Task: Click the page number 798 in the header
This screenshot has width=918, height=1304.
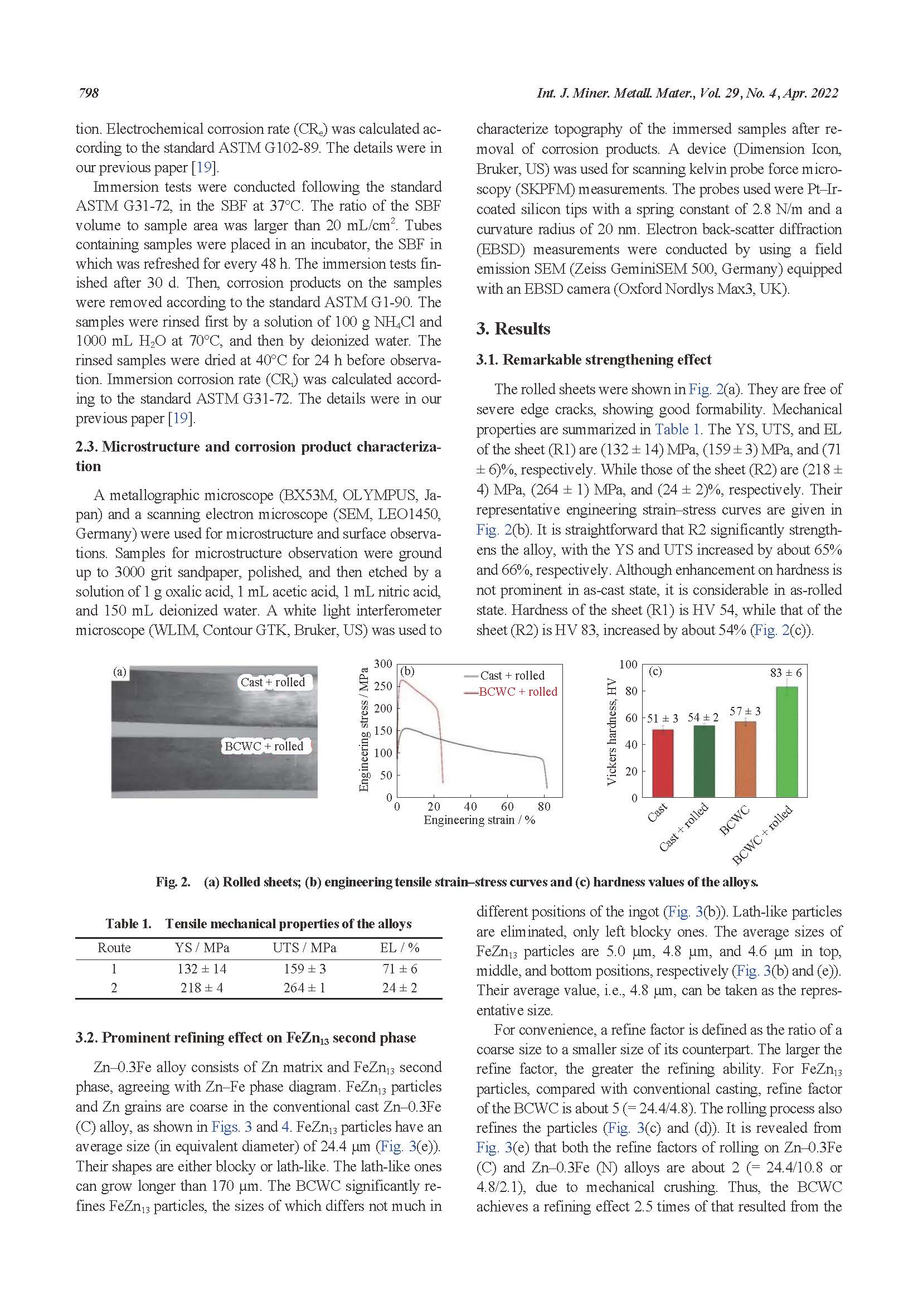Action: pos(89,93)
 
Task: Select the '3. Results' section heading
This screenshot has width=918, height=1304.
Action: pos(513,329)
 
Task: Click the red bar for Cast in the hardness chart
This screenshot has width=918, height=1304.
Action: pos(663,763)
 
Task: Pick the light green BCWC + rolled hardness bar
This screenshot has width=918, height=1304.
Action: pos(787,741)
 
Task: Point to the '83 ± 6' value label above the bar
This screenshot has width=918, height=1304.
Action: pos(786,673)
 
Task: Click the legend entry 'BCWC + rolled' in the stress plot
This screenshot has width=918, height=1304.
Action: pos(517,692)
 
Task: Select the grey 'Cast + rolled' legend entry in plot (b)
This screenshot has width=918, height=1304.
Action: pos(512,675)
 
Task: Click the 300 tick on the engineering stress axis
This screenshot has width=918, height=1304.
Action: pos(384,664)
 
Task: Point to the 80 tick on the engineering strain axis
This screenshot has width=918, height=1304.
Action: pos(543,807)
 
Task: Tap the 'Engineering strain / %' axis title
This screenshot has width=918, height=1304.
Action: pos(479,820)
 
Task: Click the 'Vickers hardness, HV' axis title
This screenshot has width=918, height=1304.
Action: pos(611,731)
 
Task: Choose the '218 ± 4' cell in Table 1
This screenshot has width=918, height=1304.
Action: pos(202,988)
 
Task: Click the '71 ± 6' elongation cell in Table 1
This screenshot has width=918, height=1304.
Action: pos(400,969)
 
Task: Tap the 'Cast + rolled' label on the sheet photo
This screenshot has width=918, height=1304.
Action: pos(273,682)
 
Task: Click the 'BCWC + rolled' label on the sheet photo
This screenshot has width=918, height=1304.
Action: pos(264,746)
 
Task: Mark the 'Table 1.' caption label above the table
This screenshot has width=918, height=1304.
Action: pos(128,924)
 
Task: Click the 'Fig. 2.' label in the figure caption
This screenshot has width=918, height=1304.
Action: pos(173,882)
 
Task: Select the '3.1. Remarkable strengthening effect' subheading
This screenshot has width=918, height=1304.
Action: pos(594,360)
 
